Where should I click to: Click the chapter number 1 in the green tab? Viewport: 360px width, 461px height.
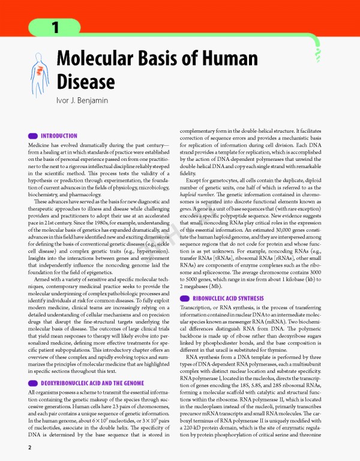tap(53, 27)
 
